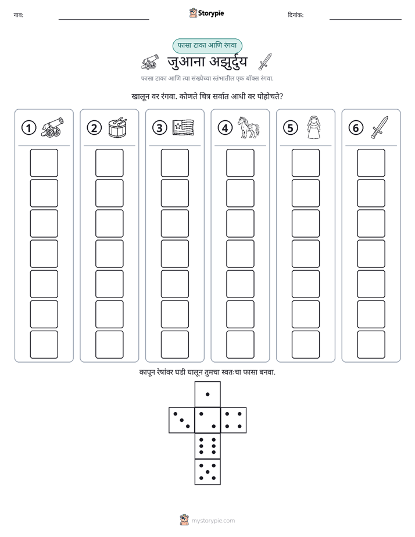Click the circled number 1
coord(28,128)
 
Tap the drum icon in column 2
coord(117,127)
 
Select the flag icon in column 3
coord(183,127)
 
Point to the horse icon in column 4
coord(249,127)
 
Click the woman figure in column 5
coord(314,127)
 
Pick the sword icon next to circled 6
coord(380,127)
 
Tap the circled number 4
coord(225,128)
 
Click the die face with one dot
coord(208,394)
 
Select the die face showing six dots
coord(208,446)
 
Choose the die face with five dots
coord(208,472)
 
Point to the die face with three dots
coord(182,420)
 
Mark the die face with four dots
coord(234,420)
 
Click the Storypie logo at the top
coord(206,13)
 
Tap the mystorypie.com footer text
coord(213,521)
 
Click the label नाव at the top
coord(19,15)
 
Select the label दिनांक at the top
coord(296,15)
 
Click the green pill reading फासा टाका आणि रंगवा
coord(207,45)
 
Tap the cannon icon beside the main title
coord(150,62)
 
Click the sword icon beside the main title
coord(264,62)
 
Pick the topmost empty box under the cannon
coord(44,163)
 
